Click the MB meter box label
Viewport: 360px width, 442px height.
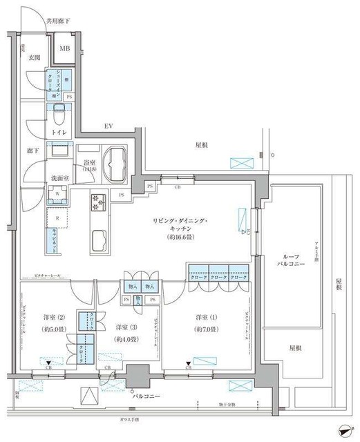[x=64, y=48]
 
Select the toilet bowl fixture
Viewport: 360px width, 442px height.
[x=59, y=112]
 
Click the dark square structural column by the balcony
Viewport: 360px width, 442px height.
[x=138, y=378]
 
